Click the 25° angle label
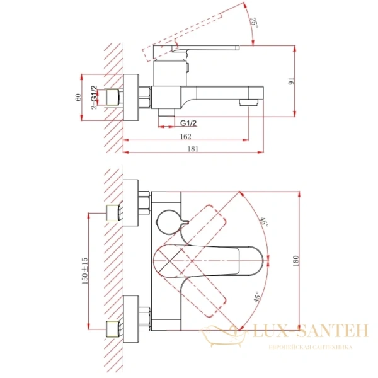click(255, 23)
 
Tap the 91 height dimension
click(292, 81)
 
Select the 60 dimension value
click(78, 97)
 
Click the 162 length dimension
click(186, 137)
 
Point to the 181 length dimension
click(193, 149)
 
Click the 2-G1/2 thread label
click(94, 97)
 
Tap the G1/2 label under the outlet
click(188, 123)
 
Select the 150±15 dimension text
click(85, 271)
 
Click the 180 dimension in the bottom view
click(296, 261)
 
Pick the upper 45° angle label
click(264, 222)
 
